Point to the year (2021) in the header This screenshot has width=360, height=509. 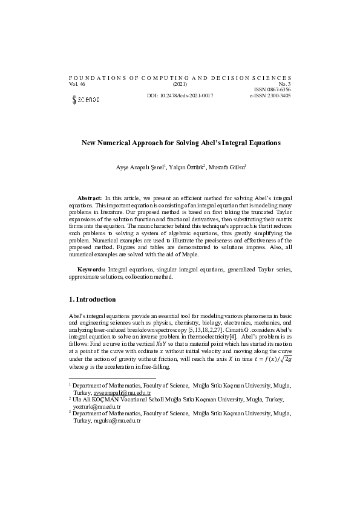(x=180, y=84)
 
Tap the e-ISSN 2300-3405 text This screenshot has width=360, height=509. (x=270, y=96)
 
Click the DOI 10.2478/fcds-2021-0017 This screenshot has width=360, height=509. (x=180, y=96)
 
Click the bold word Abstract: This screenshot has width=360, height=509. (x=90, y=198)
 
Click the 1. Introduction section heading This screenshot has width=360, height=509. (x=91, y=299)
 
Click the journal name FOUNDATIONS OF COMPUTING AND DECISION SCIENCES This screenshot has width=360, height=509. (x=180, y=78)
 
